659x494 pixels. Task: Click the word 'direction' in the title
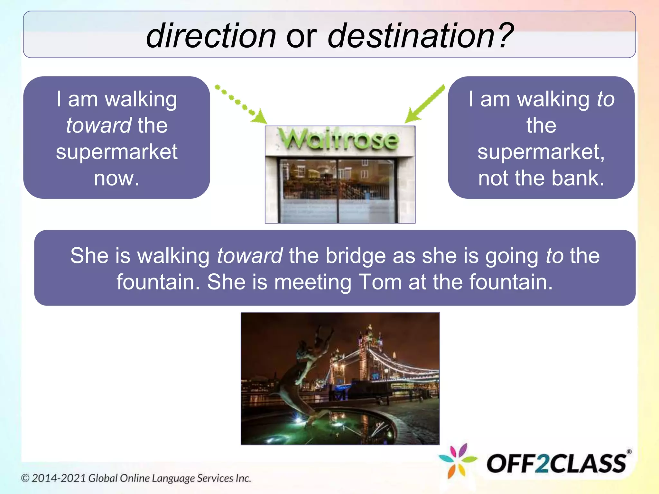[211, 36]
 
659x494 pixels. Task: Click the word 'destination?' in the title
[420, 36]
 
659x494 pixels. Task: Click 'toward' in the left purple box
[98, 125]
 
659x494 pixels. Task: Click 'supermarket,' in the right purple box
[541, 152]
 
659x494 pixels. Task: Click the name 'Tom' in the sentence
[380, 282]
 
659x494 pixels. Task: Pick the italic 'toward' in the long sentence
[249, 256]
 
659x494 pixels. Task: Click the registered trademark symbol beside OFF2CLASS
[629, 452]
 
